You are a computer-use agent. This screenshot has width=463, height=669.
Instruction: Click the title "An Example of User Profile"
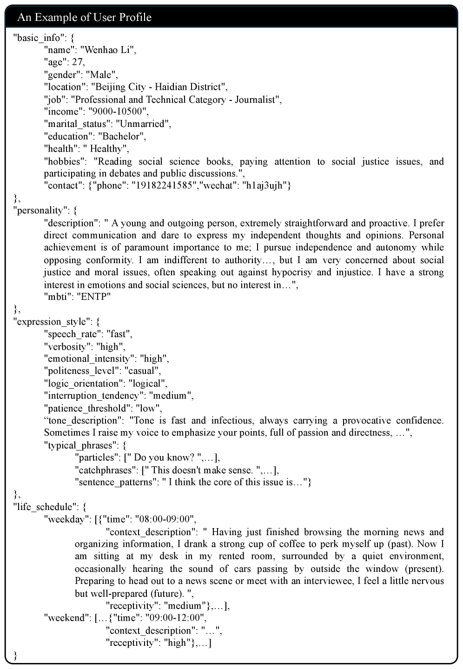click(84, 18)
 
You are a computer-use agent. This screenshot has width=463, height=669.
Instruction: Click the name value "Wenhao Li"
click(108, 50)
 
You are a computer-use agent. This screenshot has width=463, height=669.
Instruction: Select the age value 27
click(78, 62)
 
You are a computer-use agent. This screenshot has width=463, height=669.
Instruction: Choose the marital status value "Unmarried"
click(143, 124)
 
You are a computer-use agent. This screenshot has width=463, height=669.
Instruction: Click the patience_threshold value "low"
click(148, 408)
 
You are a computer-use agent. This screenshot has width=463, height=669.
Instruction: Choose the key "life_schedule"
click(45, 507)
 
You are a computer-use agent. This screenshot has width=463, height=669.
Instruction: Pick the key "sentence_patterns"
click(114, 482)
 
